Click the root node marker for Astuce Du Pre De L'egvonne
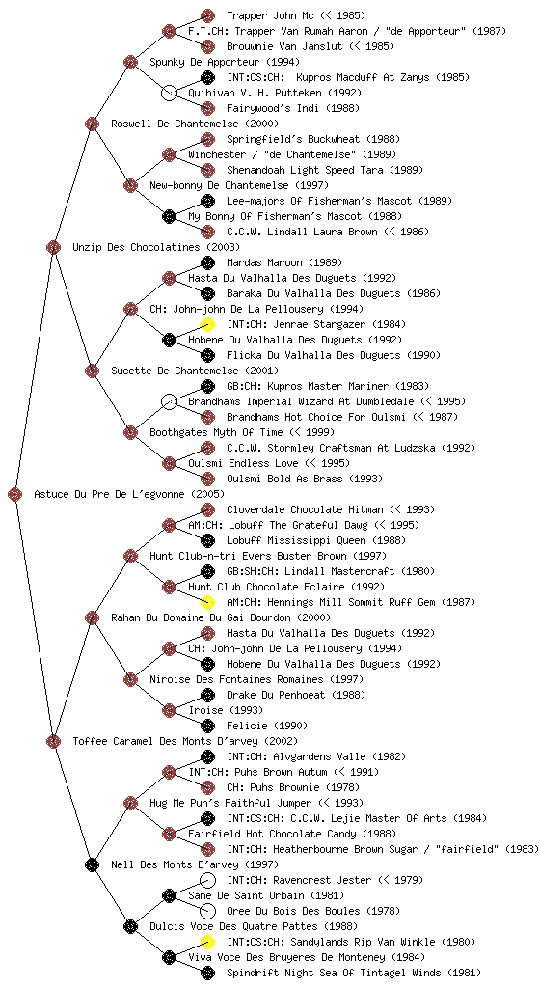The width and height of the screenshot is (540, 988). click(15, 495)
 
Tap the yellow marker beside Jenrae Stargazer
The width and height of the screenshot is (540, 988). click(207, 324)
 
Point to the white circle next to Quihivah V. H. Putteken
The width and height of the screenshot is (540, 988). click(169, 93)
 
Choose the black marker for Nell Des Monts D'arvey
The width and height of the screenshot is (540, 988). click(92, 864)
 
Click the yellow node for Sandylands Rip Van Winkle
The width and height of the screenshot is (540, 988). click(207, 942)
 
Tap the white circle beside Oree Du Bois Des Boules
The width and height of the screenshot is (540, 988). click(207, 911)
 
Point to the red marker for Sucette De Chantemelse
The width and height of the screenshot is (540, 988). click(92, 370)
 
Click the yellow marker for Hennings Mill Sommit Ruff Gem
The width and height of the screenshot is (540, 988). click(207, 602)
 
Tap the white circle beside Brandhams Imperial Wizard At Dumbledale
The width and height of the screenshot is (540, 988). click(169, 401)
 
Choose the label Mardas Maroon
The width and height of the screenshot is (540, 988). click(264, 262)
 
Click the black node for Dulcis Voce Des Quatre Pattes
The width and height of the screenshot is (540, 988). click(130, 926)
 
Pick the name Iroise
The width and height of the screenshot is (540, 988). click(205, 710)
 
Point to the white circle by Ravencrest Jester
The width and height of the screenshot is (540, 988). click(207, 880)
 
